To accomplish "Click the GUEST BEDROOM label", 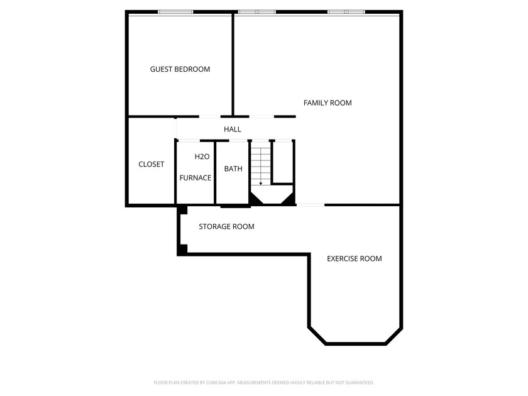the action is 180,69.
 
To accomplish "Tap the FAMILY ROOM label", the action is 327,103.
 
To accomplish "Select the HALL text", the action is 233,129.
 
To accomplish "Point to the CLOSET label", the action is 151,164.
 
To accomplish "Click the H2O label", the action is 202,157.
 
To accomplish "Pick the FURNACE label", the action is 195,178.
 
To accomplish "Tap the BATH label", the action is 233,168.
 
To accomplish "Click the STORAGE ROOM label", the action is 226,227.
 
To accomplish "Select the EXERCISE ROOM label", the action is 355,258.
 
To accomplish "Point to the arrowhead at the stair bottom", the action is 261,184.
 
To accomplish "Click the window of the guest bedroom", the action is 175,12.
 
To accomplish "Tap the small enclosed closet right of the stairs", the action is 283,162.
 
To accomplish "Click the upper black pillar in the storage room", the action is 183,210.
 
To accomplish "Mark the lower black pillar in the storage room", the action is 183,249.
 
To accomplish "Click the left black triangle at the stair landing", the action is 255,199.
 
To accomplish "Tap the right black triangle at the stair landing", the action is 289,199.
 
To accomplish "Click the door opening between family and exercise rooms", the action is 310,205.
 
